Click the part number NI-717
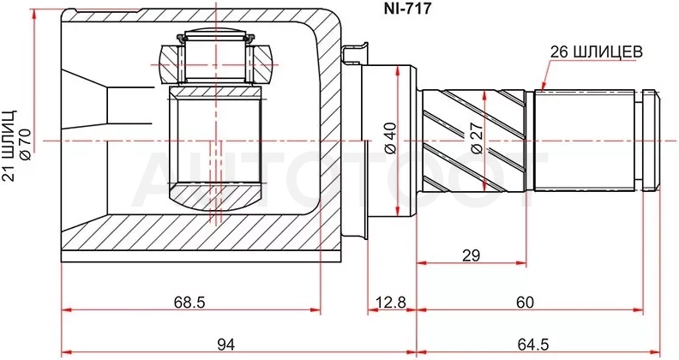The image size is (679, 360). pos(407,9)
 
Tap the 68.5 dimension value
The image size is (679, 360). pos(189,302)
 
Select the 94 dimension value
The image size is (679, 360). pos(225,345)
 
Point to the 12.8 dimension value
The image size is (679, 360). pos(392,302)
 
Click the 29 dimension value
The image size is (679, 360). pos(472,255)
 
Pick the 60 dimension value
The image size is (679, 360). pos(525,302)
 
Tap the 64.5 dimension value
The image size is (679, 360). pos(533,345)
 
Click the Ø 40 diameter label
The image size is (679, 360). pos(391,138)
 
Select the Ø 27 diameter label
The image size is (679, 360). pos(477,138)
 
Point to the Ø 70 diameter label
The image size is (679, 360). pos(25,145)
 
